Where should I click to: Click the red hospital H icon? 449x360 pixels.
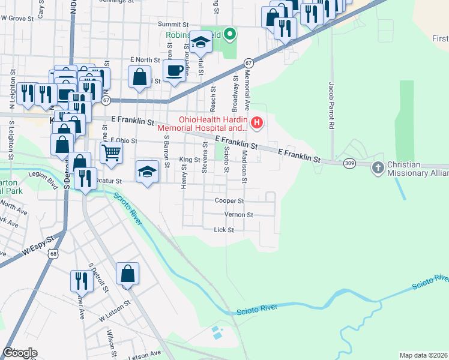click(258, 124)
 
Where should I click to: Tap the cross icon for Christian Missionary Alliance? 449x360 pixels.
click(378, 167)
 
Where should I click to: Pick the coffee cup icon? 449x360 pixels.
click(174, 70)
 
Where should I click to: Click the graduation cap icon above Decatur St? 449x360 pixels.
click(147, 172)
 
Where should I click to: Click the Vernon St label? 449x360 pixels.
click(238, 214)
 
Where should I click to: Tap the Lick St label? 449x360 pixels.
click(223, 229)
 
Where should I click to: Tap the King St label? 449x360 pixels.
click(190, 160)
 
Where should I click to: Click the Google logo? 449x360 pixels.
click(20, 353)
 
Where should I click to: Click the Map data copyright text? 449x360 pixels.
click(423, 355)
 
